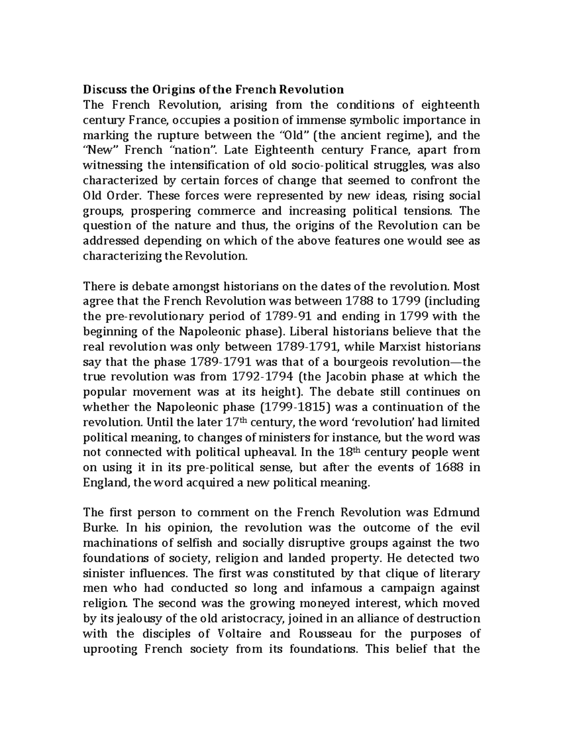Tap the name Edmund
click(457, 513)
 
